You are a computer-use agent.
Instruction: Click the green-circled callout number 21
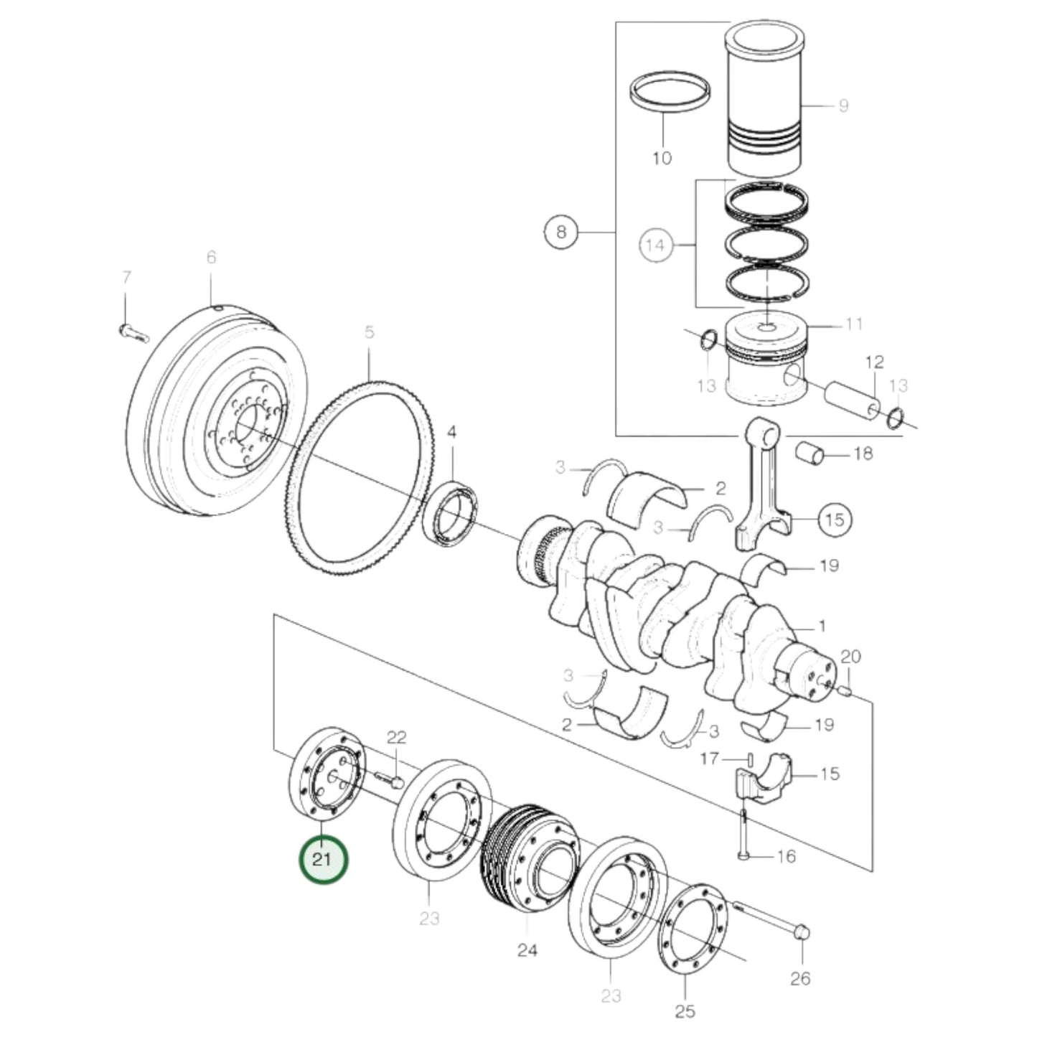click(x=323, y=858)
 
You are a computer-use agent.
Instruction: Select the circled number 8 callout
click(x=560, y=232)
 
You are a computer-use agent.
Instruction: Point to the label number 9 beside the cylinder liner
click(x=843, y=106)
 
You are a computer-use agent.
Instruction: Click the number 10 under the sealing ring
click(x=662, y=157)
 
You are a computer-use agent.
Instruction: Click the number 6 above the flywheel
click(x=211, y=257)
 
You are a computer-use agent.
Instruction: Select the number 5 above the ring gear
click(x=369, y=332)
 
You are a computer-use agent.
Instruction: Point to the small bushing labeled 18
click(x=811, y=453)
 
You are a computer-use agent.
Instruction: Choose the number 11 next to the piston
click(x=853, y=324)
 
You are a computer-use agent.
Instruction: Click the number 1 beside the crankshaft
click(x=822, y=627)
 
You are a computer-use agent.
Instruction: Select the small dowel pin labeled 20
click(x=845, y=691)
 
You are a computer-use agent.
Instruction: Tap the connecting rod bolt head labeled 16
click(x=745, y=855)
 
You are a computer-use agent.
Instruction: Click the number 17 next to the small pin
click(x=710, y=758)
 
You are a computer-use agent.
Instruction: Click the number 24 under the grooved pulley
click(x=527, y=951)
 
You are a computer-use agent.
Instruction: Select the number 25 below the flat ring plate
click(x=685, y=1012)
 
